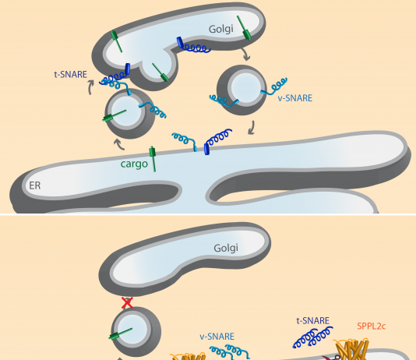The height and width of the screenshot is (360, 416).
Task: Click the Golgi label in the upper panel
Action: tap(221, 29)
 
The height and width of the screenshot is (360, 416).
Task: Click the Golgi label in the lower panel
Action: tap(226, 249)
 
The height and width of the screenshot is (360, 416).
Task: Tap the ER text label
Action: tap(35, 185)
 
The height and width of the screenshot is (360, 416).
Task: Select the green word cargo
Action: tap(134, 164)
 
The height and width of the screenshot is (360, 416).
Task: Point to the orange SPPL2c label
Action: tap(371, 326)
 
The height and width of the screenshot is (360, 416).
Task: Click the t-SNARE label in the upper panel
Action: tap(71, 75)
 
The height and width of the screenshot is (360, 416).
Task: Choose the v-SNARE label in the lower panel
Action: tap(217, 337)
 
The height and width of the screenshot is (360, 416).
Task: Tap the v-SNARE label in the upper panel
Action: tap(294, 98)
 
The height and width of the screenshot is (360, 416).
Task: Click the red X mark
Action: tap(127, 302)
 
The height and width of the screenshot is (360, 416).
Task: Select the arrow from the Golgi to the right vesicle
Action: tap(246, 54)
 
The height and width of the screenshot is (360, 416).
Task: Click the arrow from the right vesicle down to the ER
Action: tap(252, 128)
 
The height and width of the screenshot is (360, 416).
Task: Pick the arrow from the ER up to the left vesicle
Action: tap(119, 145)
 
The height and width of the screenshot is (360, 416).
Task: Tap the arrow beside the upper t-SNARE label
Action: tap(90, 87)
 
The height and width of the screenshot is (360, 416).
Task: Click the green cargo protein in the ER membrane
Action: tap(153, 159)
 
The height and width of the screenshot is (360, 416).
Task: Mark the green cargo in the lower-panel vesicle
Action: tap(121, 334)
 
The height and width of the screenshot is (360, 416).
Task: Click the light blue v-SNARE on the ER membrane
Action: tap(185, 140)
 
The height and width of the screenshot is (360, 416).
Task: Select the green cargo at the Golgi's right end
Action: tap(244, 28)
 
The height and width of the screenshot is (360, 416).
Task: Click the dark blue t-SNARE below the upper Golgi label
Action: tap(193, 45)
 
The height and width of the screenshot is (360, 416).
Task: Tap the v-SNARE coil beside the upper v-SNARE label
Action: tap(274, 86)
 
